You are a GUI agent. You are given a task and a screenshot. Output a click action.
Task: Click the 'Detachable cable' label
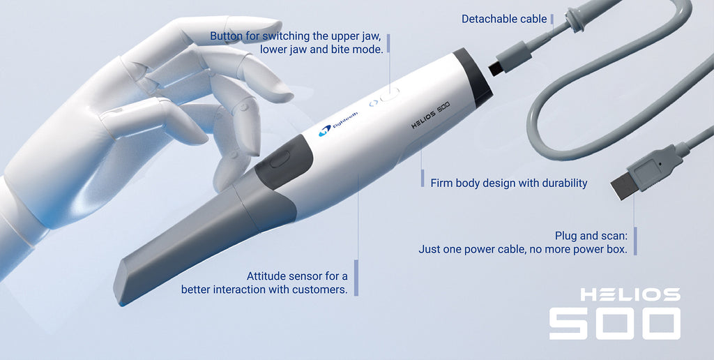504,19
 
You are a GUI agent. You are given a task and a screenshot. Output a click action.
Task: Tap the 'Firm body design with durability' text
509,183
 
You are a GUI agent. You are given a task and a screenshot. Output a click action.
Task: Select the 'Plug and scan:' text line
591,236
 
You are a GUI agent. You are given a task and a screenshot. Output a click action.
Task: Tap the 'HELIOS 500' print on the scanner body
430,115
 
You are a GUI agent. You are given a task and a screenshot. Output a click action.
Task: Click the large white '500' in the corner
615,324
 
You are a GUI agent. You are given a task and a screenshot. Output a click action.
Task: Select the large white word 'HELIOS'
630,294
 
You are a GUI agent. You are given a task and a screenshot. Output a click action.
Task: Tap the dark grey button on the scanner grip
280,160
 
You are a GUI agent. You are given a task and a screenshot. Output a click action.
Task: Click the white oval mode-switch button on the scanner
390,94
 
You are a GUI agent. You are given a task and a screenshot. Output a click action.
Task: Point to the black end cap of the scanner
473,77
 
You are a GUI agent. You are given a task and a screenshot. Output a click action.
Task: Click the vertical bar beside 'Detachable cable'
552,19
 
